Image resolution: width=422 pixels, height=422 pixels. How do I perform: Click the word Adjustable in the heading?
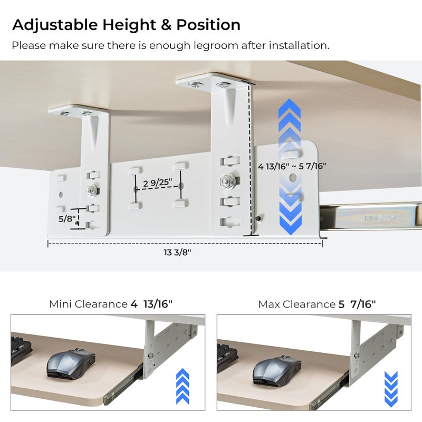55,25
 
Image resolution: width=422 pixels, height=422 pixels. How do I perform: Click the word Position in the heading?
208,25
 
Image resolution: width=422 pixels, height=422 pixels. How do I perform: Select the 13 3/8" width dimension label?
177,253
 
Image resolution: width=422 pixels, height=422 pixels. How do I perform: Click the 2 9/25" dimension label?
157,183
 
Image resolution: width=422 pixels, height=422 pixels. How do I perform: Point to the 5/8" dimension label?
67,218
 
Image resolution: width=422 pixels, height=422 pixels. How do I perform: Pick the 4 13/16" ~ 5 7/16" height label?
292,166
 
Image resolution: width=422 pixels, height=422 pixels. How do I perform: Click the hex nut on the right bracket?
228,182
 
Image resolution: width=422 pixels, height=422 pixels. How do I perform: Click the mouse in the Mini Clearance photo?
71,363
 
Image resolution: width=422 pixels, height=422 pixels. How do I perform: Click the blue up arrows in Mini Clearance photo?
183,386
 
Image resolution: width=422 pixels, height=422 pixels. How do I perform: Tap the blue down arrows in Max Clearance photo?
391,389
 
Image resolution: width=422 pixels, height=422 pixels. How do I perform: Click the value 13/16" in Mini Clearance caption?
158,304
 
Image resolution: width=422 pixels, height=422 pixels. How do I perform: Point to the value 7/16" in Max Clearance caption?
363,304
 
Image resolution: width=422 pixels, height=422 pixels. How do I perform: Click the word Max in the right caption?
269,304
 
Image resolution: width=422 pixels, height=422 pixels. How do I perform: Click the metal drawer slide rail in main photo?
371,216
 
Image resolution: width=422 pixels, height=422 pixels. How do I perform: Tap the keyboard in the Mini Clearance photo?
21,349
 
